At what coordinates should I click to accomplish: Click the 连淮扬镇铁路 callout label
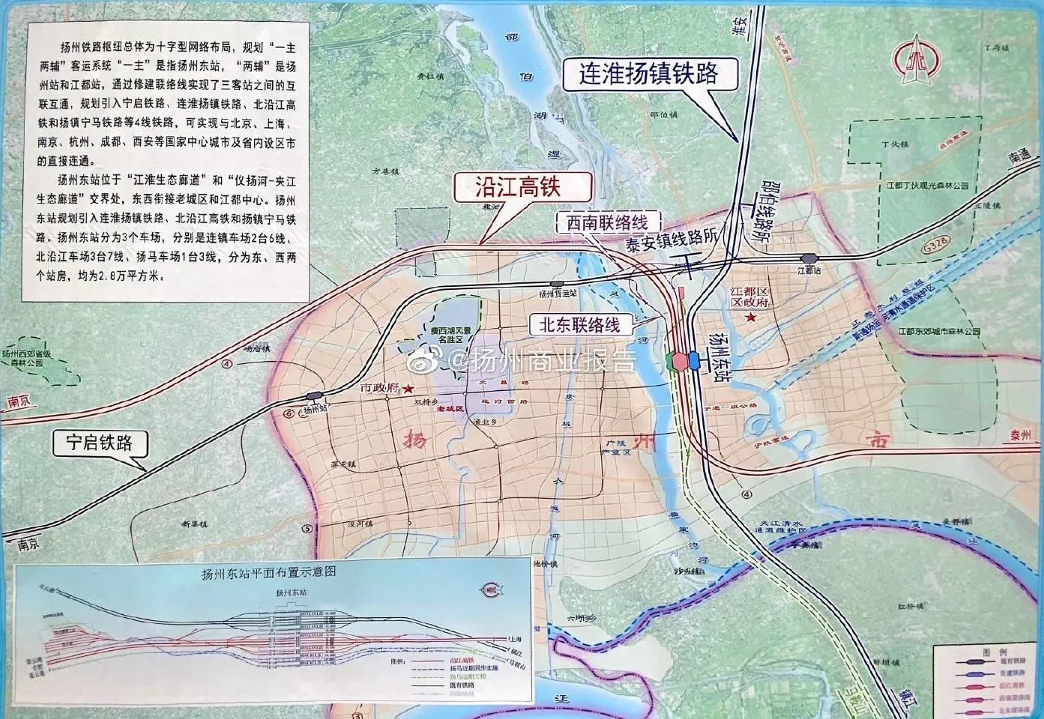pyautogui.click(x=650, y=73)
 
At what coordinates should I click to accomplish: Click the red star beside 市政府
pyautogui.click(x=408, y=389)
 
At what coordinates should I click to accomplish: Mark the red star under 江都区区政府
pyautogui.click(x=750, y=318)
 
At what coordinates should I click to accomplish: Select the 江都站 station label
pyautogui.click(x=810, y=268)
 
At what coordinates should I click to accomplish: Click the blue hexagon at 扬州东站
pyautogui.click(x=693, y=361)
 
